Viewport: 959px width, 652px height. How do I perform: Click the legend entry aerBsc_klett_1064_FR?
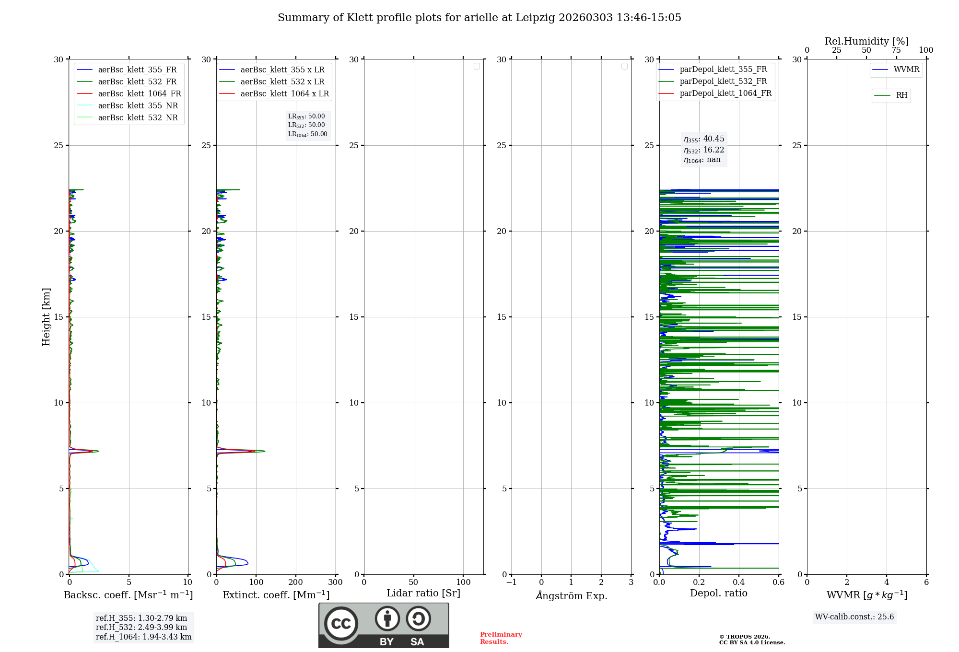tap(139, 94)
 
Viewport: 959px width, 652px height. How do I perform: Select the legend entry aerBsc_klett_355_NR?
tap(138, 106)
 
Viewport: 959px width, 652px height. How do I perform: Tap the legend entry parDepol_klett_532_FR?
tap(723, 81)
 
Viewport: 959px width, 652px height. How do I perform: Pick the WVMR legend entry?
tap(906, 70)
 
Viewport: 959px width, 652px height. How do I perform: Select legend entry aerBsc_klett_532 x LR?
tap(282, 82)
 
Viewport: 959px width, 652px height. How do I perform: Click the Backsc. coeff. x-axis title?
tap(128, 595)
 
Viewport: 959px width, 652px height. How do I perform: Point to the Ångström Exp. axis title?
tap(572, 596)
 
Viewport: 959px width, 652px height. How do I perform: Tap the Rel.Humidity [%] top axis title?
tap(866, 41)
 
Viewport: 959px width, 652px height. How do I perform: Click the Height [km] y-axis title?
tap(46, 317)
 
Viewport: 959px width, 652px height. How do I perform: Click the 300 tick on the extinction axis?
tap(335, 582)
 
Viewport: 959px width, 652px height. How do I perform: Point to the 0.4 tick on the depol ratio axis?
tap(739, 582)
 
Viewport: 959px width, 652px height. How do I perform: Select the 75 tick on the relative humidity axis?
tap(896, 50)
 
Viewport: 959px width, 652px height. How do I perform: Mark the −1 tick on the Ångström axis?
tap(511, 582)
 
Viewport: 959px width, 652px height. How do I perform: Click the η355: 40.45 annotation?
tap(704, 139)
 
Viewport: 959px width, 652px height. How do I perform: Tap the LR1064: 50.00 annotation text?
tap(307, 134)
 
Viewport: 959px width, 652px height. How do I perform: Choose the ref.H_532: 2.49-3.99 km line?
tap(141, 628)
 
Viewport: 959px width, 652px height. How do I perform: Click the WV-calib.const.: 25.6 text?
tap(854, 617)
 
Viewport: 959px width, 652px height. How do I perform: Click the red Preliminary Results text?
tap(501, 638)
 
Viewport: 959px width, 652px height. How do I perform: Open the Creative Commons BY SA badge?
tap(384, 626)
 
